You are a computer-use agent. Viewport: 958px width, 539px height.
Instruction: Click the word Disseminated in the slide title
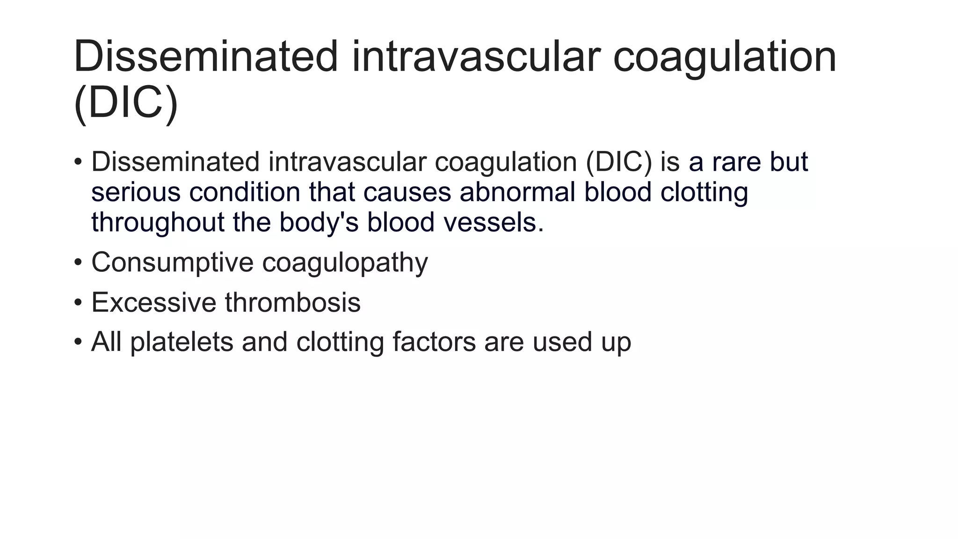point(205,57)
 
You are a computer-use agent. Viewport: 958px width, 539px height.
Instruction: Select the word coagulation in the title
point(724,57)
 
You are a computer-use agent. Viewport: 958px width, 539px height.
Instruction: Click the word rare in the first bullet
point(737,162)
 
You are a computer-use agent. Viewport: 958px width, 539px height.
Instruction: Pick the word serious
point(136,192)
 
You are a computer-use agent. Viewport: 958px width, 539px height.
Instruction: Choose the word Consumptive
point(172,262)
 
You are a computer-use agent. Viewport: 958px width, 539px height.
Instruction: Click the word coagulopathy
point(345,263)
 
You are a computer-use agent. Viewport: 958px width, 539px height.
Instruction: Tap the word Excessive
point(153,302)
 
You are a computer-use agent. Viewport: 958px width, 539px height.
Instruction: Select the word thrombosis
point(293,302)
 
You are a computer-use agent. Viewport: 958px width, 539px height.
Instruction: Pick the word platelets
point(181,342)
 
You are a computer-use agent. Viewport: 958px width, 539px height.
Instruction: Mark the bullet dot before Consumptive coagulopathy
point(78,262)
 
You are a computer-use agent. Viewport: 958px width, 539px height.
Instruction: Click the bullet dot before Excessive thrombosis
point(78,303)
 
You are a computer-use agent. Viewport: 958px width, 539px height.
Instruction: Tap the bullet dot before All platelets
point(78,342)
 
